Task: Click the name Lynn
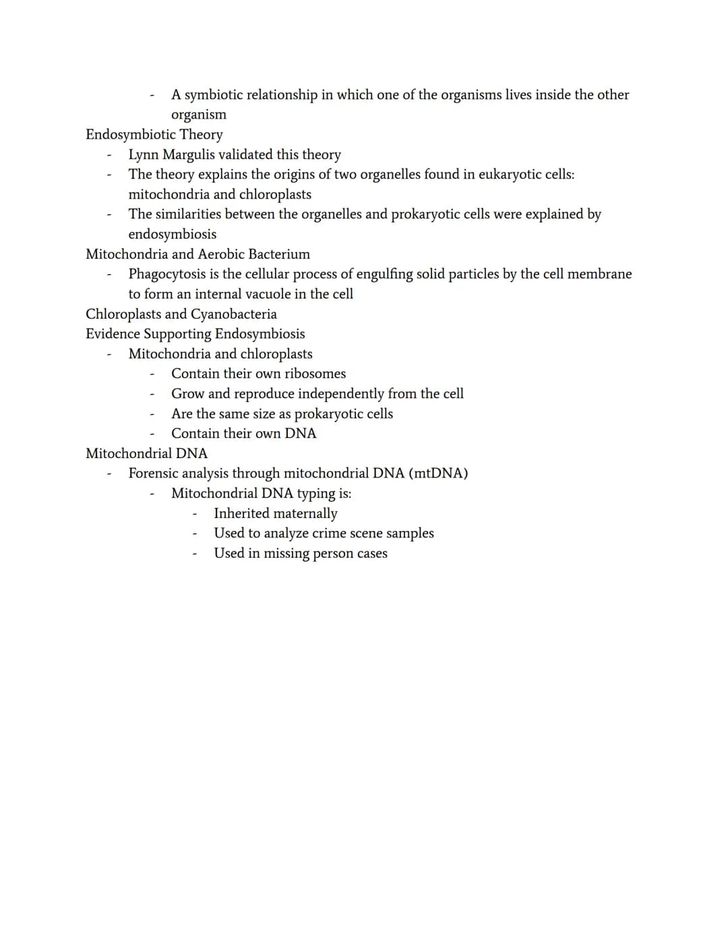(144, 155)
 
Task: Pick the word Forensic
(153, 474)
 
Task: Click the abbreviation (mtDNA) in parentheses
(438, 474)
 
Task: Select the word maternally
(305, 513)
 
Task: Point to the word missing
(286, 554)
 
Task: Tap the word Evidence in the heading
(113, 334)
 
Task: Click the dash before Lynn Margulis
(109, 156)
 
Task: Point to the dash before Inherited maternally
(194, 514)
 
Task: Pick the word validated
(247, 155)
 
